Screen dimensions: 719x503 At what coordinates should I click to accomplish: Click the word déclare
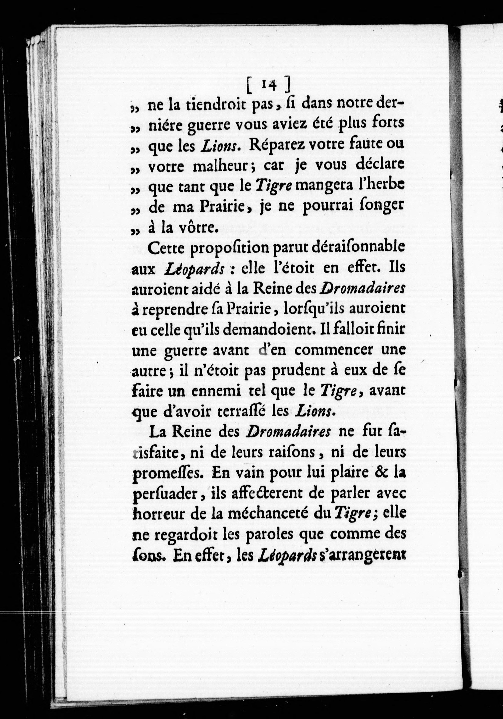tap(380, 165)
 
